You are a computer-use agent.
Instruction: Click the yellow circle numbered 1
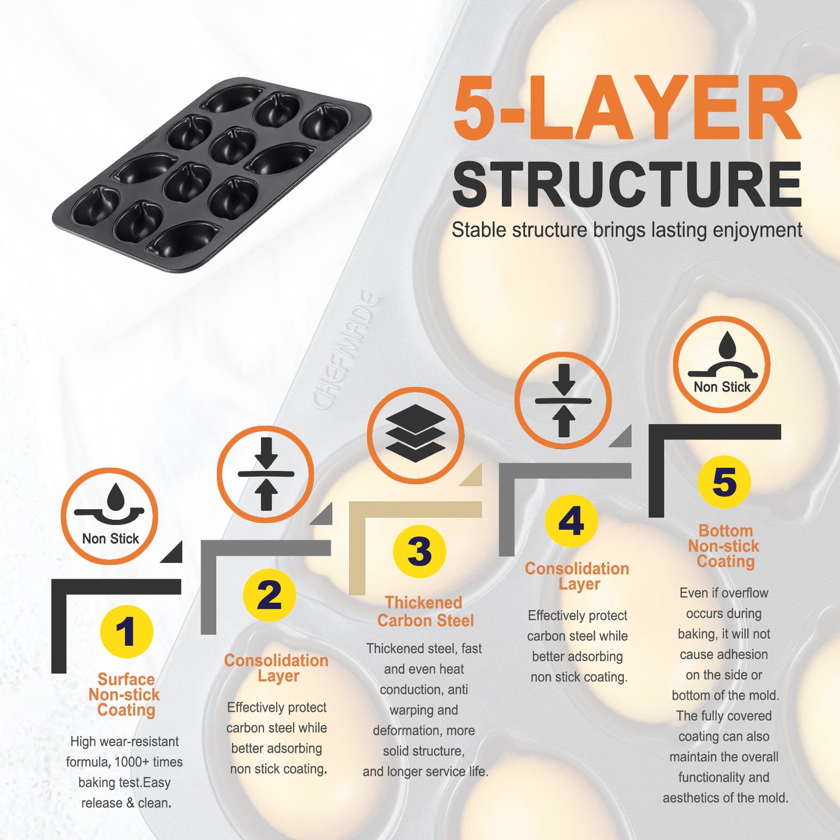click(x=126, y=632)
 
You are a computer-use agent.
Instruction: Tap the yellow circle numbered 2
click(x=269, y=595)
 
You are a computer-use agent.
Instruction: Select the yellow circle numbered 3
click(x=419, y=551)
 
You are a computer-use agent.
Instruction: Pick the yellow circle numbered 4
click(x=571, y=521)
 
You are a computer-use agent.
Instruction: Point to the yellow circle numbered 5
click(x=724, y=482)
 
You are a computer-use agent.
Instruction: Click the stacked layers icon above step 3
click(x=416, y=435)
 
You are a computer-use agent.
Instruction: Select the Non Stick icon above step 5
click(x=722, y=364)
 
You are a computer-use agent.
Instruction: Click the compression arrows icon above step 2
click(x=266, y=474)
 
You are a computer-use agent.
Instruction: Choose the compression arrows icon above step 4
click(x=563, y=401)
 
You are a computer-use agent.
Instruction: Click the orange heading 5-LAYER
click(x=627, y=107)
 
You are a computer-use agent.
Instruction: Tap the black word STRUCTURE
click(x=627, y=184)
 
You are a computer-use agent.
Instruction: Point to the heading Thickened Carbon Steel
click(x=424, y=612)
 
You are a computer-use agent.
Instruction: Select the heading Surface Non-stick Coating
click(x=125, y=695)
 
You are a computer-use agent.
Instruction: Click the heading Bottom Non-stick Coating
click(x=724, y=546)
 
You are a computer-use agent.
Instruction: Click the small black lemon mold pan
click(x=212, y=175)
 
